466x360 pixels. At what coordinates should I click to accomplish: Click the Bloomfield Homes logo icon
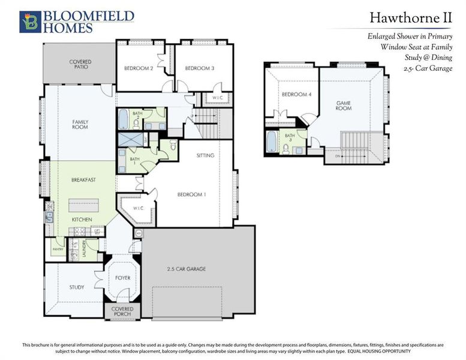click(29, 21)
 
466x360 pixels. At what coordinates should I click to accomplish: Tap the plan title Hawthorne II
click(410, 19)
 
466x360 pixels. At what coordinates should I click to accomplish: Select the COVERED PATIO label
click(79, 64)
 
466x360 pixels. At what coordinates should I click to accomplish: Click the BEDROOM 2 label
click(139, 68)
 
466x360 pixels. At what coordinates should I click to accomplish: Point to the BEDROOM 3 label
click(199, 68)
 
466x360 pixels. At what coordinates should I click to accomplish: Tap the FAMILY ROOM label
click(80, 124)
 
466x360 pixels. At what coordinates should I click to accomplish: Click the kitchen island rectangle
click(83, 205)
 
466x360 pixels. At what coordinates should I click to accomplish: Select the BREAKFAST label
click(84, 179)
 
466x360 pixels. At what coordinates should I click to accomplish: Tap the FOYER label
click(122, 278)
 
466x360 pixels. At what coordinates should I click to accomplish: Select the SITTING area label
click(205, 155)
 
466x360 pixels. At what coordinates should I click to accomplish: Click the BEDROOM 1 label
click(191, 194)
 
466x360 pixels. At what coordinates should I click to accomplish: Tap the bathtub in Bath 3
click(272, 143)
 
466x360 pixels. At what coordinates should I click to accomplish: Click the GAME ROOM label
click(343, 106)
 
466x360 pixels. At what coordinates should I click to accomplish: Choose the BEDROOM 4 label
click(296, 95)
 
